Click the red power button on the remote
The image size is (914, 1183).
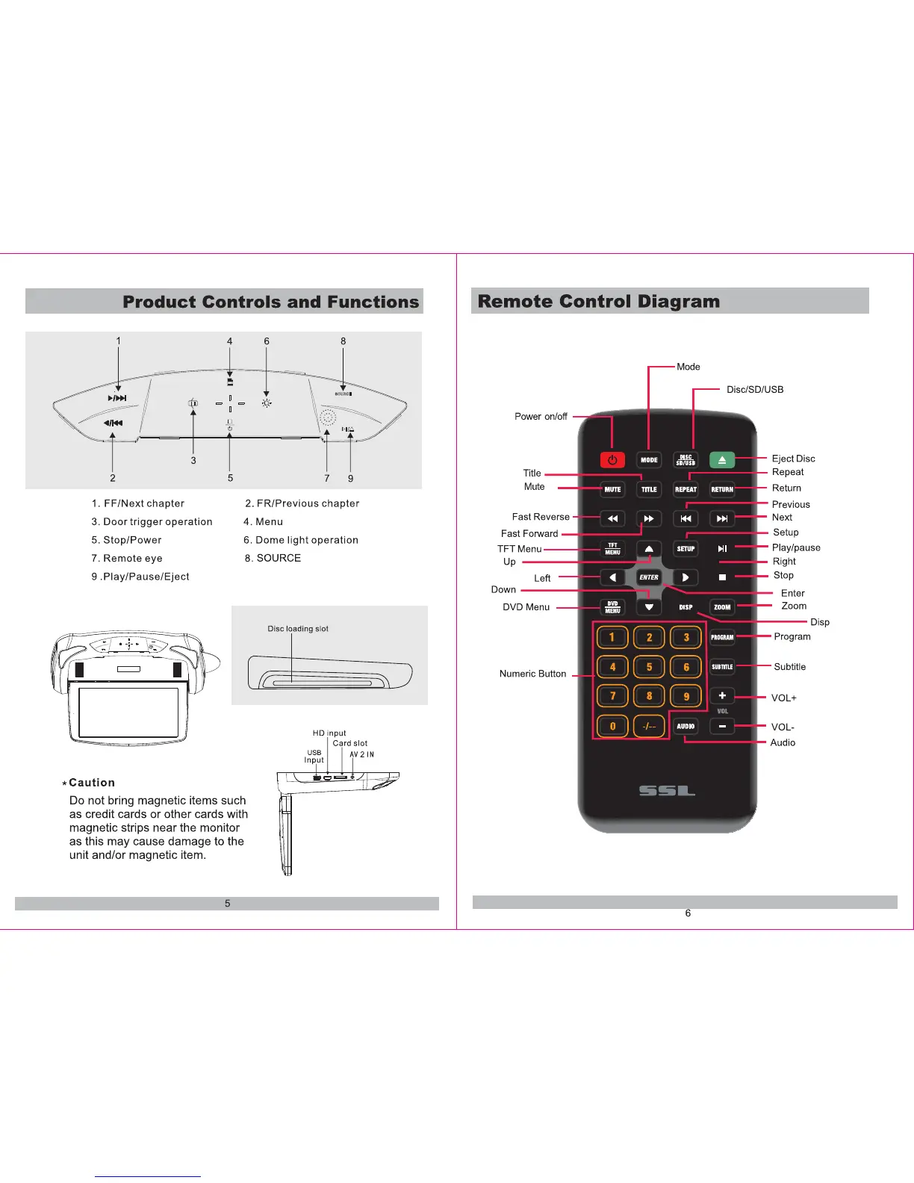tap(612, 460)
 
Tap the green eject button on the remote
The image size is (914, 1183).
tap(722, 460)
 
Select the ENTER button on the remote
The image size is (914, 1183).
tap(649, 577)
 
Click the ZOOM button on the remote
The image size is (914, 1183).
tap(722, 607)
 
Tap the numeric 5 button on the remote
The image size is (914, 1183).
tap(649, 667)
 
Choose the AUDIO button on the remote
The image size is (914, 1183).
tap(685, 726)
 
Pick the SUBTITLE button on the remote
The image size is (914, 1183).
tap(722, 667)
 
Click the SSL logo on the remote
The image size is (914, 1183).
tap(667, 791)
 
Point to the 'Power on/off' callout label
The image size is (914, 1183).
tap(541, 417)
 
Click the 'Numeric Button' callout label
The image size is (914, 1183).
tap(532, 674)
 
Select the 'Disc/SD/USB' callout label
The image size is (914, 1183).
tap(755, 389)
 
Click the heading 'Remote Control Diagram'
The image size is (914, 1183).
tap(599, 301)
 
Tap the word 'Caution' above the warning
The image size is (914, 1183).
tap(92, 783)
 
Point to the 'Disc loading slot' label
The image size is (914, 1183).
tap(298, 629)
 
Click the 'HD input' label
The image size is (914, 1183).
tap(329, 733)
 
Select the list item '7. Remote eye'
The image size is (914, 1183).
tap(127, 558)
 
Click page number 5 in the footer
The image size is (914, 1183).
tap(228, 904)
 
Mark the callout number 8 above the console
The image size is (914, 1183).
tap(343, 341)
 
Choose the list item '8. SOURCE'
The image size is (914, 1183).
tap(273, 558)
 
